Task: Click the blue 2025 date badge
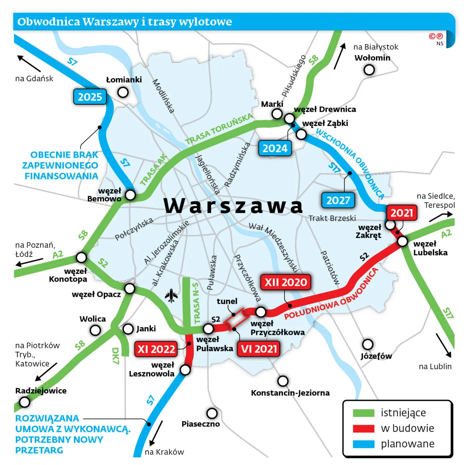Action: click(90, 97)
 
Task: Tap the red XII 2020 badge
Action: click(286, 282)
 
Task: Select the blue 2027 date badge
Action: click(338, 200)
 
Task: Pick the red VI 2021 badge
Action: click(259, 349)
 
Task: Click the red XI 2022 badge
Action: click(156, 349)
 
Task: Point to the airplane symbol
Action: click(171, 296)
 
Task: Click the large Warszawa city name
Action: click(233, 205)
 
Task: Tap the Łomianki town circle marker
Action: click(123, 92)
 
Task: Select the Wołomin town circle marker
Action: click(369, 70)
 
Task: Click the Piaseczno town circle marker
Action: click(212, 413)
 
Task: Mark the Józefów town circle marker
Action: click(368, 344)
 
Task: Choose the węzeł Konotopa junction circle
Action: click(81, 257)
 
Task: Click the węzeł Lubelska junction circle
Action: click(403, 241)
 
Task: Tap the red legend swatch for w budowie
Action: click(364, 429)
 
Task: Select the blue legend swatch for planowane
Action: click(364, 444)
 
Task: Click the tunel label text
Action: click(227, 301)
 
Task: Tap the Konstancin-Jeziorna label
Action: click(290, 393)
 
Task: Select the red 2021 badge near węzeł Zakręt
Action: click(402, 213)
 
